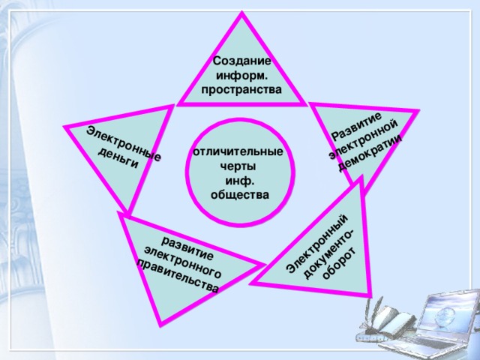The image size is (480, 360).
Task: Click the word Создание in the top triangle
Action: pos(241,61)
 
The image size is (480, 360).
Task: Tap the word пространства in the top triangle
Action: pos(241,90)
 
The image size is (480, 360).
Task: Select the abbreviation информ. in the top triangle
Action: pos(241,76)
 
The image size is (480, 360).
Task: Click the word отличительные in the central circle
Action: pos(238,151)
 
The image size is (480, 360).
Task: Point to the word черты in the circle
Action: pos(238,166)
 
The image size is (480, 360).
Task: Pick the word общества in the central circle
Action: pos(240,195)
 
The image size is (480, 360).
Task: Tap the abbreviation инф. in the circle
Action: pos(240,181)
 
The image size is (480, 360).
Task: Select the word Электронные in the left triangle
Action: pos(124,143)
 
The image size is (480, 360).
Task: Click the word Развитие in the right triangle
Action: pos(357,126)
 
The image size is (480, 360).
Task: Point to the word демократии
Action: pos(370,153)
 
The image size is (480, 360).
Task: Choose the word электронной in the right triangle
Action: pos(364,139)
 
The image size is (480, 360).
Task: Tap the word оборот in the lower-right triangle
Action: pos(340,263)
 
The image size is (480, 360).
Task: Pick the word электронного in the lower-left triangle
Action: pos(183,262)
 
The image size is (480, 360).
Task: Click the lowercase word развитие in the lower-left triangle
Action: pos(187,248)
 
